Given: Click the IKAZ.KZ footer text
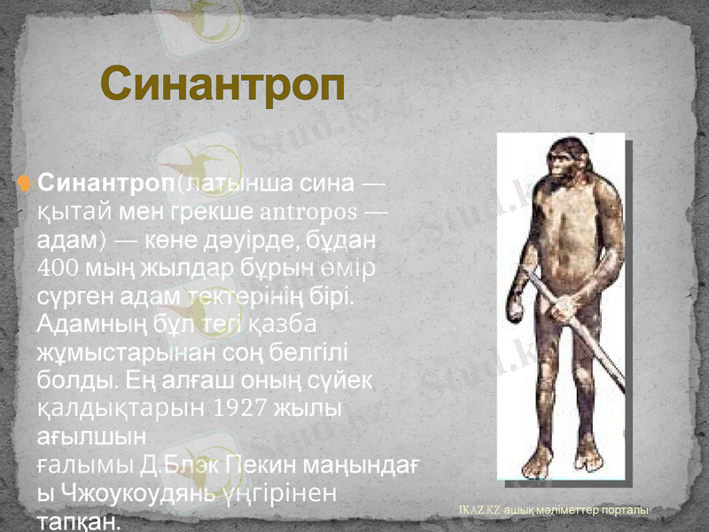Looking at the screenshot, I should point(479,511).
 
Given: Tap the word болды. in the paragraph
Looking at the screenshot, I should point(73,379).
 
